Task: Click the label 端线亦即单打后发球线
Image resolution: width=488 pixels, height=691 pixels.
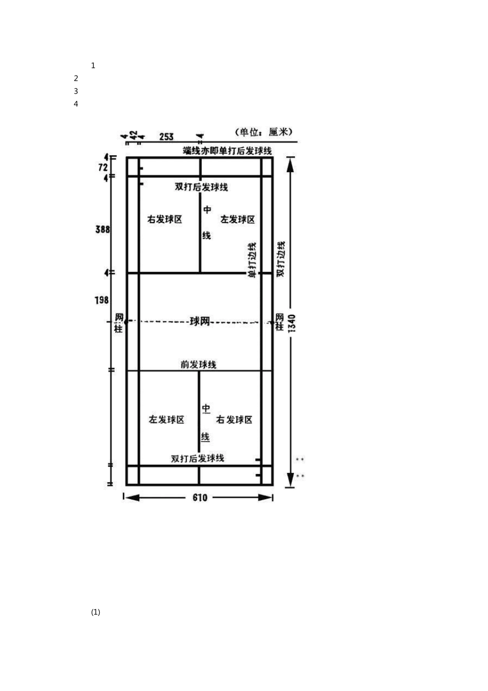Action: pyautogui.click(x=228, y=151)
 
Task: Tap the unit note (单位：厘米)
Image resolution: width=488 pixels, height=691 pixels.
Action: pyautogui.click(x=263, y=132)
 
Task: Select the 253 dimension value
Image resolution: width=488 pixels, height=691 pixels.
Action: pyautogui.click(x=166, y=136)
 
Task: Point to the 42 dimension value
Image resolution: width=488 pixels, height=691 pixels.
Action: pyautogui.click(x=133, y=135)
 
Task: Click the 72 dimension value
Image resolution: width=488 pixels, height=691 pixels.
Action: pyautogui.click(x=103, y=167)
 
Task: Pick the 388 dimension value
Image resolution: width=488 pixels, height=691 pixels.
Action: pyautogui.click(x=103, y=229)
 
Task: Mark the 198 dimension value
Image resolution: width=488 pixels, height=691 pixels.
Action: pyautogui.click(x=102, y=300)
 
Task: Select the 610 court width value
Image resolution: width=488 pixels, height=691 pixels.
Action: pyautogui.click(x=200, y=497)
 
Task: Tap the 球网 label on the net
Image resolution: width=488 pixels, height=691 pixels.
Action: pyautogui.click(x=200, y=321)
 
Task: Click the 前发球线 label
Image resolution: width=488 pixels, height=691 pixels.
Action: pyautogui.click(x=198, y=365)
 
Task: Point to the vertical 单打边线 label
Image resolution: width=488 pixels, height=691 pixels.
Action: pyautogui.click(x=252, y=260)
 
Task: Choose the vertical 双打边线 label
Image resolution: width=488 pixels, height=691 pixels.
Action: pyautogui.click(x=281, y=258)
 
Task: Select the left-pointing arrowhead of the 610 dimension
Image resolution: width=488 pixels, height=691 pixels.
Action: pyautogui.click(x=132, y=497)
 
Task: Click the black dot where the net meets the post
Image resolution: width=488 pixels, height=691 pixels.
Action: pyautogui.click(x=126, y=321)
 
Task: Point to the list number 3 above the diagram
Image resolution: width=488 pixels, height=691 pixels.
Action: pyautogui.click(x=76, y=91)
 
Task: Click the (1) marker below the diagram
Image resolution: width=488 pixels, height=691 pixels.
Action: pyautogui.click(x=96, y=612)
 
